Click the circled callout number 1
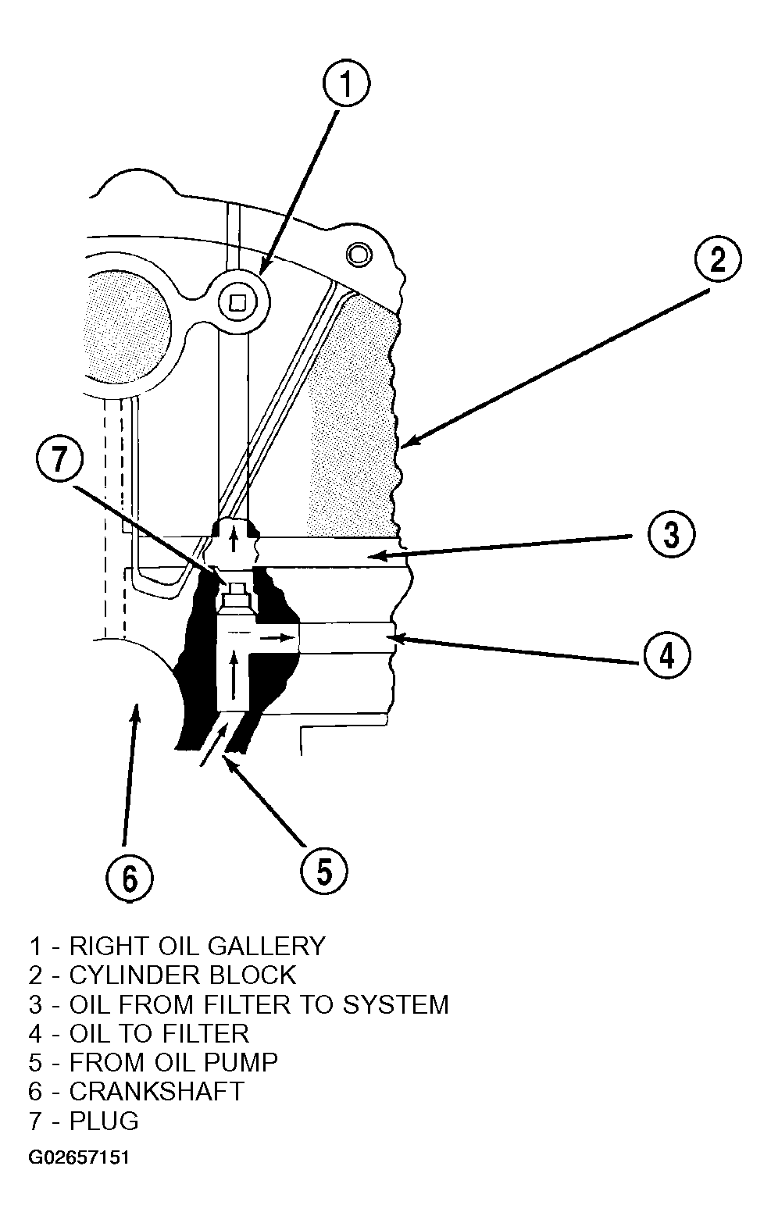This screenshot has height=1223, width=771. (x=346, y=84)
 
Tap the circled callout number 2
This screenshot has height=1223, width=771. (x=717, y=259)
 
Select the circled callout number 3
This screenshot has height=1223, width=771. (x=671, y=533)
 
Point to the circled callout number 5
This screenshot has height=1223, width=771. (x=324, y=870)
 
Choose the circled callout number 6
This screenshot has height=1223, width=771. (x=130, y=879)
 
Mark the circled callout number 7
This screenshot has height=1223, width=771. (x=59, y=458)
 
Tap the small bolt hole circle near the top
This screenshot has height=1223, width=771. (x=359, y=254)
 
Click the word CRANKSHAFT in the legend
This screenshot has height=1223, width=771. (x=156, y=1092)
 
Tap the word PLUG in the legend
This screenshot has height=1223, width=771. (x=104, y=1121)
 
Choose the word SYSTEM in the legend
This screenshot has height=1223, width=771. (x=395, y=1004)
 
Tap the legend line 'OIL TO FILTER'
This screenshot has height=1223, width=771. (x=139, y=1033)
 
